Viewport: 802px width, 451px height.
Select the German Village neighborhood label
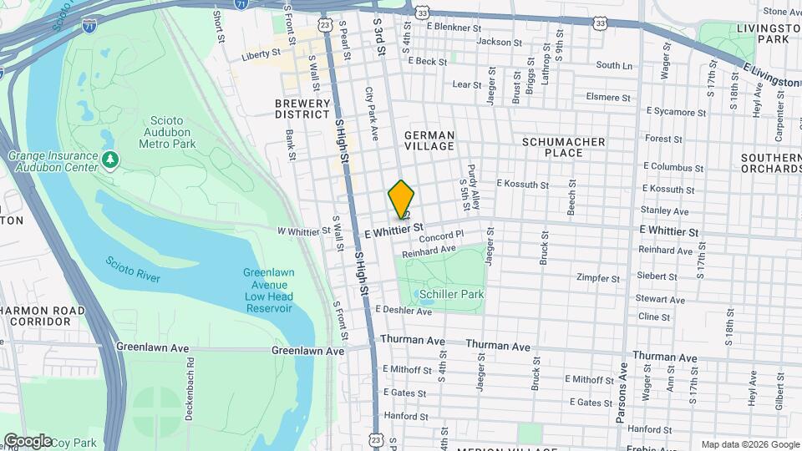click(x=429, y=140)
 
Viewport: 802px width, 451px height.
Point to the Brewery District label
click(x=302, y=109)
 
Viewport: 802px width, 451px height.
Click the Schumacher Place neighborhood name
click(x=563, y=147)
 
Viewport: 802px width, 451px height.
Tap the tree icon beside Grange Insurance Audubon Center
click(x=109, y=159)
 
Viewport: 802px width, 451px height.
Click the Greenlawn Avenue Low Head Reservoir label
click(x=267, y=290)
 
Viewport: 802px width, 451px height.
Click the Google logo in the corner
click(x=27, y=441)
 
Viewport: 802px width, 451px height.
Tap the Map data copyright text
click(x=749, y=444)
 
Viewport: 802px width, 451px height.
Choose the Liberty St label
click(x=259, y=55)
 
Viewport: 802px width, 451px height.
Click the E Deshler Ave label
click(x=404, y=312)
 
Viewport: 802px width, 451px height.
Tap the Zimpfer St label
click(x=598, y=278)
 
